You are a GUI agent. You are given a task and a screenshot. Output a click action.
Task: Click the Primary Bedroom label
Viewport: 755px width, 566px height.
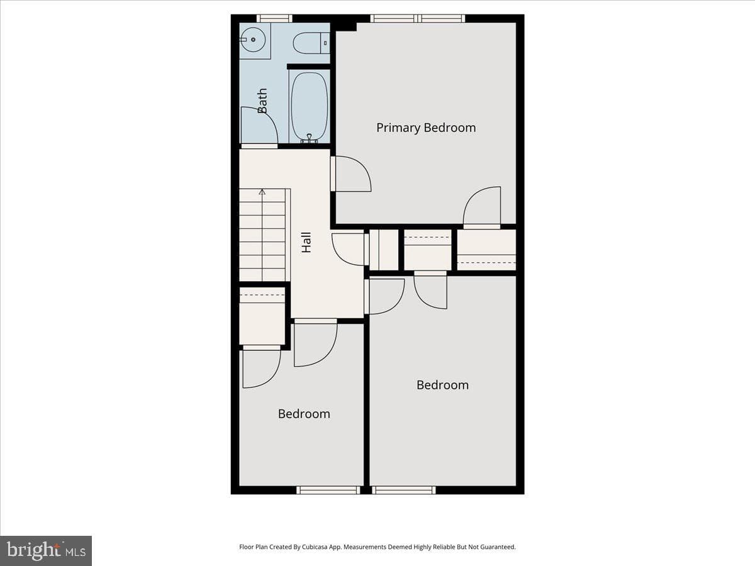(x=426, y=128)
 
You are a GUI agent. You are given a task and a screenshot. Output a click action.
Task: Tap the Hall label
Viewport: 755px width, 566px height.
(x=306, y=243)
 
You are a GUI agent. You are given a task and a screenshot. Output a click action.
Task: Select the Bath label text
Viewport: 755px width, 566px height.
(x=262, y=101)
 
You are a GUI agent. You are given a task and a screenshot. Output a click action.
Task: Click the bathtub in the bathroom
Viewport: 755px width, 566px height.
(x=309, y=107)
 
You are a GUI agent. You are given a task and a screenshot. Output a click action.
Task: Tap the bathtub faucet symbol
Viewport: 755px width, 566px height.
(x=309, y=138)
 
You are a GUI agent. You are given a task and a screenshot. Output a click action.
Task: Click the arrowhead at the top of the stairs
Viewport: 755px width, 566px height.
(x=262, y=192)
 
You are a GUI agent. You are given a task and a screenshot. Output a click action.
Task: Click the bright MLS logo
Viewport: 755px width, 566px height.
(x=46, y=551)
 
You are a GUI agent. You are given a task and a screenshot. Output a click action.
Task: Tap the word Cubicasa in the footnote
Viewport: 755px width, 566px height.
(x=315, y=547)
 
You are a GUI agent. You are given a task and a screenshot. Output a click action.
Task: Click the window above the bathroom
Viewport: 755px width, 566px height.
(x=274, y=19)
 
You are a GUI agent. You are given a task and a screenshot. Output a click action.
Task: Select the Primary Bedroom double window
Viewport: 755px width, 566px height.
(x=418, y=19)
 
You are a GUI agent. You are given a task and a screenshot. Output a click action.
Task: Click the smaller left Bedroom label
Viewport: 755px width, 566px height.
(x=304, y=414)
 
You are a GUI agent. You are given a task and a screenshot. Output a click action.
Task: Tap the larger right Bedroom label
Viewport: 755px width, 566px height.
(x=442, y=385)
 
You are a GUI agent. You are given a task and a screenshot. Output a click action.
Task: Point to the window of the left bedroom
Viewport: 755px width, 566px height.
(x=328, y=490)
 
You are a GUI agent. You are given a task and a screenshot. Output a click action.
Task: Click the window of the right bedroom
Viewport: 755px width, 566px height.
(x=404, y=490)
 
